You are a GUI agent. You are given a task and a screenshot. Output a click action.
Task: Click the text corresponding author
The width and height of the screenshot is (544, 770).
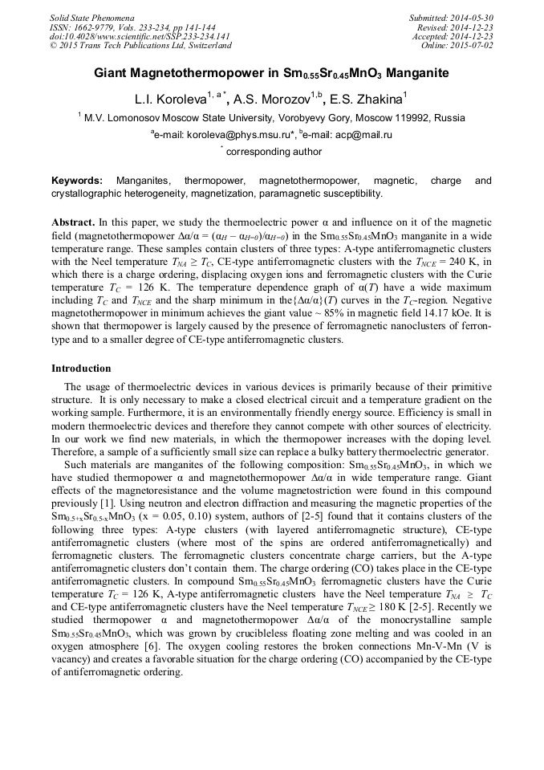pos(274,152)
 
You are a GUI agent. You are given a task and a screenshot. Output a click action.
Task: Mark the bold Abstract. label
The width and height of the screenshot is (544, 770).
pos(73,221)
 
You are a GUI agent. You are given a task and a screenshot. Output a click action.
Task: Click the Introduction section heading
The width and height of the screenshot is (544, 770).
pos(81,369)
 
